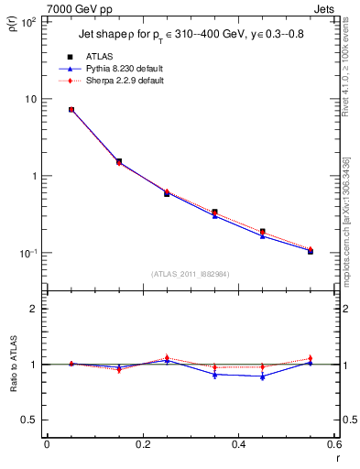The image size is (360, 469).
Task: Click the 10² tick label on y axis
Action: coord(28,22)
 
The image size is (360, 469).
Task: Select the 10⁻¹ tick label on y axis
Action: coord(28,253)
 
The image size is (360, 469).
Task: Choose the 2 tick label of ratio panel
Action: coord(35,309)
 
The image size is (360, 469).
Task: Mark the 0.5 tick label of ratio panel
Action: coord(30,420)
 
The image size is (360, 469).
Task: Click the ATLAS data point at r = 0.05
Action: coord(71,110)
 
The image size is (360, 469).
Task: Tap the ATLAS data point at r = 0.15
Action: coord(119,161)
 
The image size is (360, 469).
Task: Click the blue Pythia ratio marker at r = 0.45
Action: coord(262,376)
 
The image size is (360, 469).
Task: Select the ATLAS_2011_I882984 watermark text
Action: coord(190,274)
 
